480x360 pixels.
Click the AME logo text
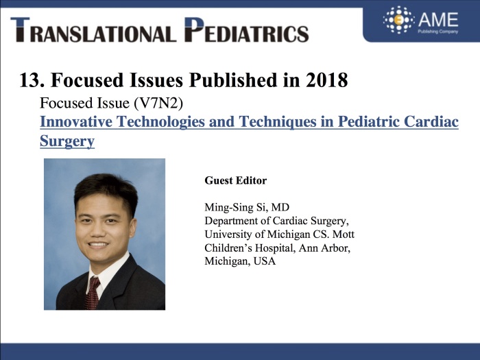tap(438, 20)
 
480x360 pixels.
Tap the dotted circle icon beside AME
tap(399, 20)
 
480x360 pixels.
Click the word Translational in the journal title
tap(93, 29)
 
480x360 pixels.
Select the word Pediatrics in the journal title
tap(246, 29)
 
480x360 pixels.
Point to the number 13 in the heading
tap(29, 80)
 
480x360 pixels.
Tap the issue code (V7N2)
tap(158, 103)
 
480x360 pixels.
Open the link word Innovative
tap(76, 121)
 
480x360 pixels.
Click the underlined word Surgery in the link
tap(67, 141)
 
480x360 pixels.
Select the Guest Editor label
tap(235, 180)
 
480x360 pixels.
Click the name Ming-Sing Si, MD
tap(247, 208)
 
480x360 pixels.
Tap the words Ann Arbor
tap(324, 248)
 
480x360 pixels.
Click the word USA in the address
tap(265, 261)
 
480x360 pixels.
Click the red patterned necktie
tap(92, 293)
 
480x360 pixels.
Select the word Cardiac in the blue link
tap(431, 121)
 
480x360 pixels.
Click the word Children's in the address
tap(228, 248)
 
